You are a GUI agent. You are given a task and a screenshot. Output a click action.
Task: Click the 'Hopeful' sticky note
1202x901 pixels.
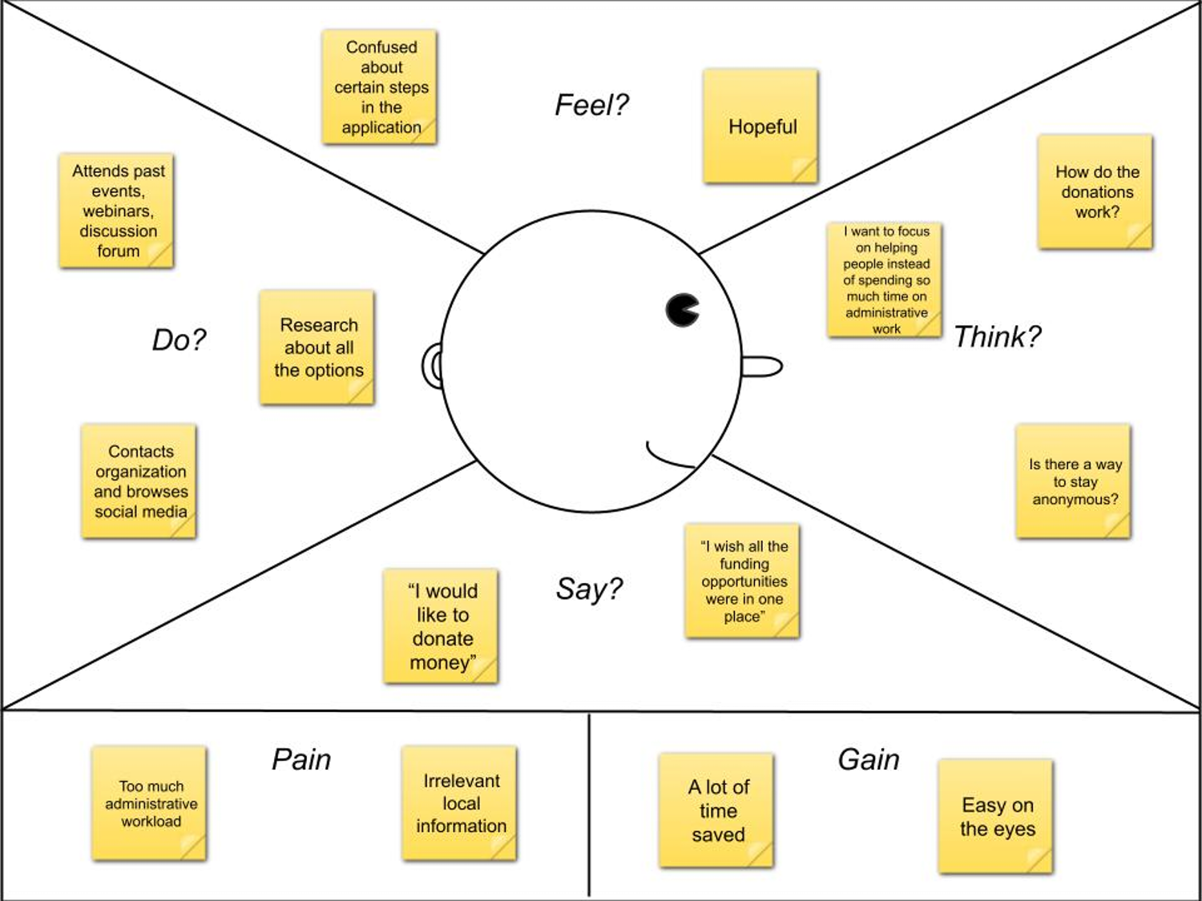tap(760, 127)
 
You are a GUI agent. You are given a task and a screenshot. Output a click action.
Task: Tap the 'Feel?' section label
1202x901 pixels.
tap(591, 105)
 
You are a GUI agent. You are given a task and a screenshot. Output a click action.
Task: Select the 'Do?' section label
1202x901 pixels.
tap(179, 340)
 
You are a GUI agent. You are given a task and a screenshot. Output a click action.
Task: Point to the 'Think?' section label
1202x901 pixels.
tap(997, 337)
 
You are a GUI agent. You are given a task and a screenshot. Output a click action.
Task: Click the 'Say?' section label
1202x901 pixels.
tap(589, 589)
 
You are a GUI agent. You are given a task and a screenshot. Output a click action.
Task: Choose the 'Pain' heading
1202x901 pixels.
tap(301, 759)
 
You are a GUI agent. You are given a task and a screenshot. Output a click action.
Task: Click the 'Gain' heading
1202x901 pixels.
tap(869, 759)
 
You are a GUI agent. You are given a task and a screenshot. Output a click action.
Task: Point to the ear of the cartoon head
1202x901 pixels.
tap(433, 367)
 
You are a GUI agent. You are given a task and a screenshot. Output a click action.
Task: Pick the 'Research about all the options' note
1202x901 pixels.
tap(317, 348)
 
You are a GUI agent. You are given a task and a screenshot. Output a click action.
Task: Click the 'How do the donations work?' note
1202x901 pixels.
tap(1095, 192)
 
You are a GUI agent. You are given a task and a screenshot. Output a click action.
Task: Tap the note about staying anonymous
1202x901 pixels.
tap(1074, 481)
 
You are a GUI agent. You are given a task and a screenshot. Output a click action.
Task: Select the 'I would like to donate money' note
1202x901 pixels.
tap(442, 626)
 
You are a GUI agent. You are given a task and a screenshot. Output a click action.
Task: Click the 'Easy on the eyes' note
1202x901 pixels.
tap(996, 816)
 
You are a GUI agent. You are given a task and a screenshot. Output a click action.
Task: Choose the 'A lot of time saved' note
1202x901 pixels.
tap(716, 810)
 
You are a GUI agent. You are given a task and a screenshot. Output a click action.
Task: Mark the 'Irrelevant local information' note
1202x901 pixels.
tap(460, 803)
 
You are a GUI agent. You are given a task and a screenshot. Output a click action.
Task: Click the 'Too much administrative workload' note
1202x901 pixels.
tap(150, 803)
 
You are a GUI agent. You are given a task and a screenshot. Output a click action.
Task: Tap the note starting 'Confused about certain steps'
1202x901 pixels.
tap(380, 87)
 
